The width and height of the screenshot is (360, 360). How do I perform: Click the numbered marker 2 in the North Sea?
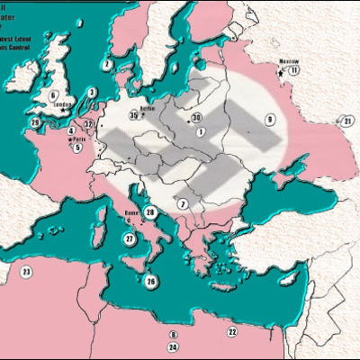[107, 65]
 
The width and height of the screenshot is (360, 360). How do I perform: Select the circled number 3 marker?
[93, 91]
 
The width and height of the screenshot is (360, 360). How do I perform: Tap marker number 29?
[35, 122]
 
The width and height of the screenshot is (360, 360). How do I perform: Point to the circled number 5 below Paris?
[78, 148]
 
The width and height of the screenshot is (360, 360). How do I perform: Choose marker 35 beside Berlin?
[133, 113]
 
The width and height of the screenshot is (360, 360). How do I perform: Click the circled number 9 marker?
[268, 119]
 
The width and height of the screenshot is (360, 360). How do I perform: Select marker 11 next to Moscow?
[293, 69]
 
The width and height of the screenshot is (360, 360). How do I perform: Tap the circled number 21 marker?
[346, 121]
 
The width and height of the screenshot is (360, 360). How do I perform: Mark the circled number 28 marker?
[151, 212]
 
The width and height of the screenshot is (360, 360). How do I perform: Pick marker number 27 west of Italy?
[130, 238]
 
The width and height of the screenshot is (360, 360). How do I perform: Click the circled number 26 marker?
[151, 281]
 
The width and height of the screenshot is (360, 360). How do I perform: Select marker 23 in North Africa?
[26, 271]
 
